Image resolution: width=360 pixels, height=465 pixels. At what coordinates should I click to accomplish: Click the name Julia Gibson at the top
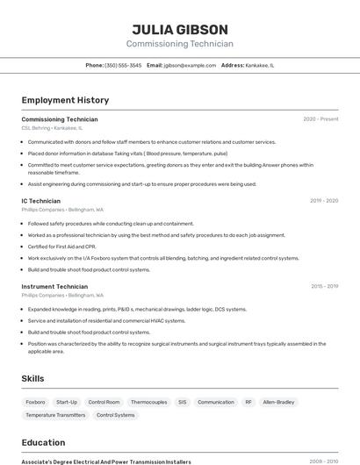click(x=180, y=29)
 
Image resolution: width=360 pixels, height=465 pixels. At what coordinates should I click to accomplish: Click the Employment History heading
click(x=65, y=100)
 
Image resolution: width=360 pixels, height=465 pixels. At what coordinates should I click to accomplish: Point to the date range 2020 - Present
click(x=320, y=119)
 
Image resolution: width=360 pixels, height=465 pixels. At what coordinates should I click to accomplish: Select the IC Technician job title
click(x=41, y=201)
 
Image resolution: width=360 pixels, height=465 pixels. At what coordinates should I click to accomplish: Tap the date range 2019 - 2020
click(x=323, y=201)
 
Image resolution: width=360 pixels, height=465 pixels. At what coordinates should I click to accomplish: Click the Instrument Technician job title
click(x=54, y=286)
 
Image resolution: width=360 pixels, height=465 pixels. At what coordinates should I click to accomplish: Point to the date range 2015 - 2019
click(x=324, y=286)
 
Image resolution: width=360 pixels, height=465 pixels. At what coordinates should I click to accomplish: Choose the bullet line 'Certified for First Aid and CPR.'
click(x=61, y=247)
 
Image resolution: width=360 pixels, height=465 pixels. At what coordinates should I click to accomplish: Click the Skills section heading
click(x=33, y=378)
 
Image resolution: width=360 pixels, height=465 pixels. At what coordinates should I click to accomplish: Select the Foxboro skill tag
click(x=36, y=402)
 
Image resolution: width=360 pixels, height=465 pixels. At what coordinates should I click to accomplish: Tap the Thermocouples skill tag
click(x=148, y=402)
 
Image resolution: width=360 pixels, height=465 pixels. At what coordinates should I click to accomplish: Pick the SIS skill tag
click(x=182, y=402)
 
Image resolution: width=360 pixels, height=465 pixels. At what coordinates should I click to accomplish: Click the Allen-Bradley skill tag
click(x=279, y=402)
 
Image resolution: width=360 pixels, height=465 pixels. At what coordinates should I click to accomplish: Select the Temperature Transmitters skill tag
click(x=55, y=415)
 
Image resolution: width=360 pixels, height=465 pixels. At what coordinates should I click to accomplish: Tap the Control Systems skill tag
click(x=115, y=415)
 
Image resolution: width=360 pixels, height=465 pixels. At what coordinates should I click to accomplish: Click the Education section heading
click(x=43, y=442)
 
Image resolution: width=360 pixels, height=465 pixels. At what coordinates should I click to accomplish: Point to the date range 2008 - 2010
click(x=323, y=461)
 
